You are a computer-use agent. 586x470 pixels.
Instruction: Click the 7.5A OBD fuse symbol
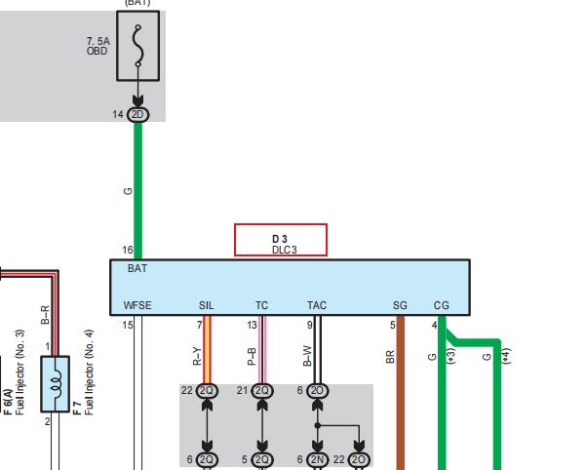(137, 46)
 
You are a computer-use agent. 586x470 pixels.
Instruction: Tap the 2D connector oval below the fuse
(137, 115)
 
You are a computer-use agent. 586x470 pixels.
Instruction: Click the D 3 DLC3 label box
(281, 240)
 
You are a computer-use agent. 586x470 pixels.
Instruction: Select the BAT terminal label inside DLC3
(137, 268)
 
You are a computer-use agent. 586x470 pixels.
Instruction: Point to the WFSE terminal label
(137, 305)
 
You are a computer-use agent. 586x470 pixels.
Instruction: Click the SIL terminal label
(207, 305)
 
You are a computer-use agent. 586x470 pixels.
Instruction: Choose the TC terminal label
(261, 305)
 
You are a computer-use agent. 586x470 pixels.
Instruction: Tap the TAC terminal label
(317, 305)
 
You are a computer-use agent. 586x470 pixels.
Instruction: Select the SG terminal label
(400, 305)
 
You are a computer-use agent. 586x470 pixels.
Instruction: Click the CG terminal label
(441, 305)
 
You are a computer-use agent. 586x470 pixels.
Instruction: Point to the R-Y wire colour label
(197, 356)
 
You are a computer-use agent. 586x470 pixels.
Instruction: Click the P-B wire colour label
(252, 357)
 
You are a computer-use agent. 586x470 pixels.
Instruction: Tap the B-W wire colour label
(307, 356)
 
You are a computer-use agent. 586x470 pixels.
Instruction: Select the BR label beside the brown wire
(390, 357)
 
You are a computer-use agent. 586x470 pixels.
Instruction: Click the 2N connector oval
(317, 459)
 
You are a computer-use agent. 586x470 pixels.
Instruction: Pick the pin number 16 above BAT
(128, 250)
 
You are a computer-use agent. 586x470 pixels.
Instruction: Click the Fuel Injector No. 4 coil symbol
(55, 383)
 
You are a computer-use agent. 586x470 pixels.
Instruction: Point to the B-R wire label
(45, 315)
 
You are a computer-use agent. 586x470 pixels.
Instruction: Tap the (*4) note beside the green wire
(506, 356)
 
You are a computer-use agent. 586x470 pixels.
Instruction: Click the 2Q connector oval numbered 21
(262, 391)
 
